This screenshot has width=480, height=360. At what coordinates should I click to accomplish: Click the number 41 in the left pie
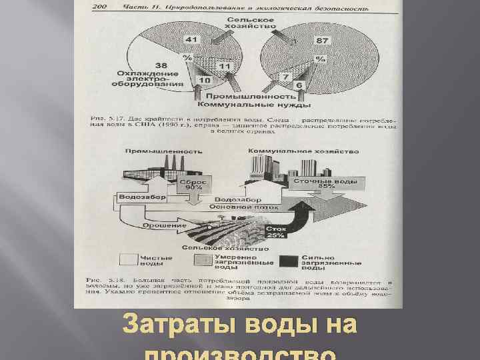click(192, 41)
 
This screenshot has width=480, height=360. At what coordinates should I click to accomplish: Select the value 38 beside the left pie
click(161, 65)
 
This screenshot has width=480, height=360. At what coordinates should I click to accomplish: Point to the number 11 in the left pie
click(224, 67)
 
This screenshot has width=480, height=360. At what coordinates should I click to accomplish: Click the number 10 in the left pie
click(205, 80)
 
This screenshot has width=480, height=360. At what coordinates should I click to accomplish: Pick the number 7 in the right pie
click(285, 77)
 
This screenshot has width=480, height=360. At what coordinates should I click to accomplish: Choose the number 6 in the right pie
click(299, 86)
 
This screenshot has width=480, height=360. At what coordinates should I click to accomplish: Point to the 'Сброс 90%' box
click(193, 184)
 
